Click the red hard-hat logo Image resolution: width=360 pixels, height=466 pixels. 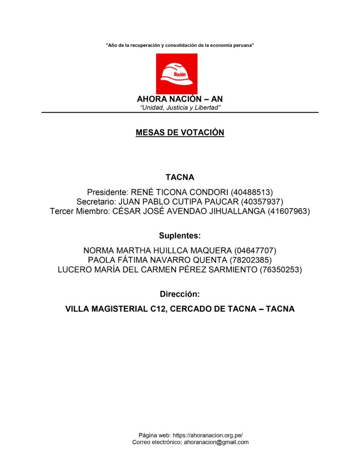point(177,74)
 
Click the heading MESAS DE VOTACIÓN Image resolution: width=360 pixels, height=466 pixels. point(180,132)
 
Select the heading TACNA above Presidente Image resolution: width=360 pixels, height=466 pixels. point(180,177)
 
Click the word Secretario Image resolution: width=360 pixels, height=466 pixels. point(96,202)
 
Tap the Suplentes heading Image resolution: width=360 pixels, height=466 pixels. point(180,236)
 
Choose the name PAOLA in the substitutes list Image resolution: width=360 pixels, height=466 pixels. point(104,260)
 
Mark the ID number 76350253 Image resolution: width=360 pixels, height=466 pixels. point(281,269)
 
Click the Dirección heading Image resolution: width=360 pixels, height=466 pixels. point(180,294)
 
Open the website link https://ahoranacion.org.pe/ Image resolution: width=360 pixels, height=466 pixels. point(211,435)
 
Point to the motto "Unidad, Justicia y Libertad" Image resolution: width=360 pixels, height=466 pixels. point(180,107)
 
